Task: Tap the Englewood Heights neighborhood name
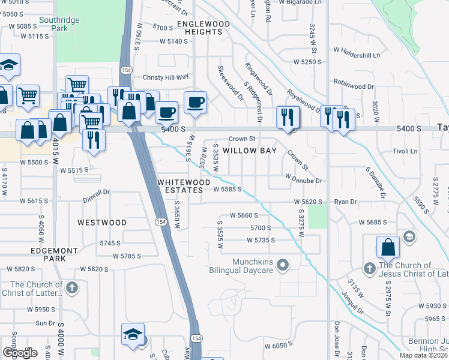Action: [x=203, y=28]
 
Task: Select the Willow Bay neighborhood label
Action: [x=250, y=151]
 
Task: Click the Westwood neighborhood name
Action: [x=102, y=223]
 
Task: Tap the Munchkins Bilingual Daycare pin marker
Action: [x=285, y=264]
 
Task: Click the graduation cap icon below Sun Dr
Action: [x=133, y=334]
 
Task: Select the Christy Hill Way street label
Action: [x=165, y=77]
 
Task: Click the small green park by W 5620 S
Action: [x=318, y=216]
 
